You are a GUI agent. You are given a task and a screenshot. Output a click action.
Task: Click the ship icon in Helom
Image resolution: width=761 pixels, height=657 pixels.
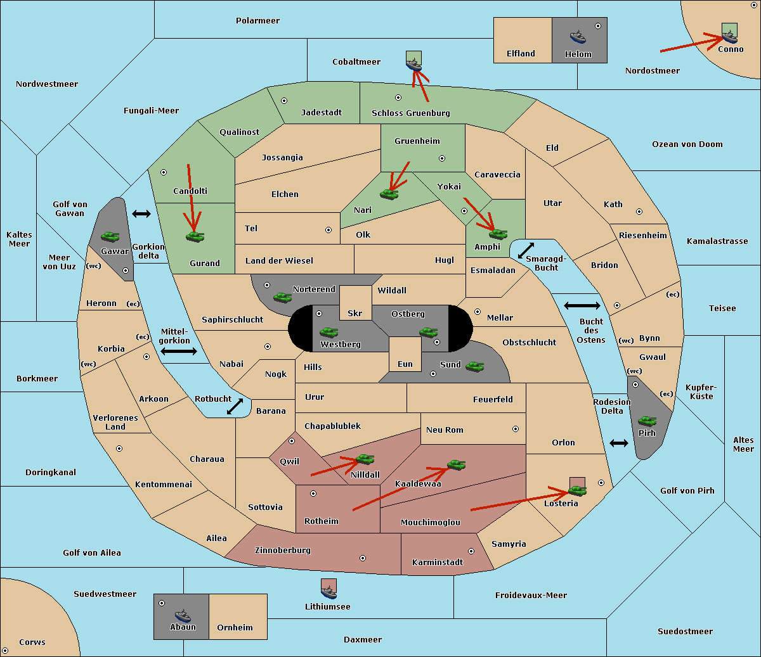[x=578, y=37]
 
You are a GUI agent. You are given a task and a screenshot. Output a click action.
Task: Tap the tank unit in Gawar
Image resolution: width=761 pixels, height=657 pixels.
[x=110, y=236]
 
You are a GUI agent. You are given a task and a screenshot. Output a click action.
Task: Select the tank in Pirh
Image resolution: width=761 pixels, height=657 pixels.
[x=647, y=421]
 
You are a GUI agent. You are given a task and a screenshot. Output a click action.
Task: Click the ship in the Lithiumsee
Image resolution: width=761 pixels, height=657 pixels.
[x=328, y=590]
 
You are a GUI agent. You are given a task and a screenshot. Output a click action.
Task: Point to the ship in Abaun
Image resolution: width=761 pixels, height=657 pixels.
[x=182, y=615]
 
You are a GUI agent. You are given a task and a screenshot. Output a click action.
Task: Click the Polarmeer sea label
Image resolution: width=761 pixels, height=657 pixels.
[x=257, y=21]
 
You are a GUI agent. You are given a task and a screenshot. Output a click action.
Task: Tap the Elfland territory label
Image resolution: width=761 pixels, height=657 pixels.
[x=521, y=54]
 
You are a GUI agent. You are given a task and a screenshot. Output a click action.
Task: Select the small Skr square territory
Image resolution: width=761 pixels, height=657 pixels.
[x=355, y=303]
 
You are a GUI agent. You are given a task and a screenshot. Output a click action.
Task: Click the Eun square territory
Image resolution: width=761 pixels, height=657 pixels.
[x=405, y=354]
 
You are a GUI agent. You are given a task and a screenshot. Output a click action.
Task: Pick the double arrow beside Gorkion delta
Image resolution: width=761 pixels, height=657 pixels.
[x=141, y=214]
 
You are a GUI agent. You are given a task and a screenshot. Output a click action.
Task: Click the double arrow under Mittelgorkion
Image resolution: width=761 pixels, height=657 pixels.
[x=178, y=351]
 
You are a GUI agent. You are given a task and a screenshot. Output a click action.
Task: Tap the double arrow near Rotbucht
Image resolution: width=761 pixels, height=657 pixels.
[x=235, y=407]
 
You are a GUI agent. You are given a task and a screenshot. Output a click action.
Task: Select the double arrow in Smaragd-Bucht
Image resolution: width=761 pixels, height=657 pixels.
[x=526, y=251]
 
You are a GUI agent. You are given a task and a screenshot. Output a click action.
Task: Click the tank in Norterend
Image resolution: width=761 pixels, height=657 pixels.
[x=282, y=297]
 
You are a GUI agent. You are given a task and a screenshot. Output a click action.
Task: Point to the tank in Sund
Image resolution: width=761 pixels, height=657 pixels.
[x=474, y=366]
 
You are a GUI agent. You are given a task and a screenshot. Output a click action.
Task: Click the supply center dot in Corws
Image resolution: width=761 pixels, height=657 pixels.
[x=5, y=651]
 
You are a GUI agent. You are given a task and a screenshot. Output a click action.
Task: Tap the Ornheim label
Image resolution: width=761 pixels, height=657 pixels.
[x=235, y=628]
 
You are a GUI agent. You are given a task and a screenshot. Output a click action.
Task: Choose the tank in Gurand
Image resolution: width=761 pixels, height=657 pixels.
[x=195, y=236]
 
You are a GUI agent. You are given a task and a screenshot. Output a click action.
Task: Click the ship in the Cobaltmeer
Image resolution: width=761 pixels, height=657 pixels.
[x=413, y=63]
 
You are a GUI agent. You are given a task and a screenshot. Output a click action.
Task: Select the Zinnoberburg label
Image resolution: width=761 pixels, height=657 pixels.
[x=283, y=551]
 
